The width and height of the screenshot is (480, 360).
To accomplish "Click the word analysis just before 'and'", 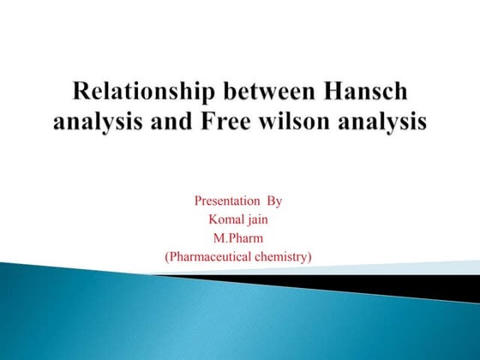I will (x=101, y=122).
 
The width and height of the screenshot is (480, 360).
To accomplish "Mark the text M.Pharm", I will (x=238, y=237).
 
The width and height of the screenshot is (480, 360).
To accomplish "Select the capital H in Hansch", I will (x=328, y=92).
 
